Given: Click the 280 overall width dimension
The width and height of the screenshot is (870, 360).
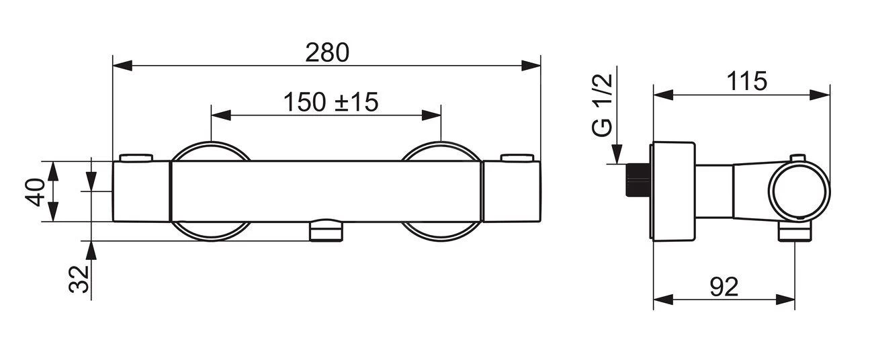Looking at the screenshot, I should pos(327,52).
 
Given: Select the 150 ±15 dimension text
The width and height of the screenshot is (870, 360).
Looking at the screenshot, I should pos(330,102).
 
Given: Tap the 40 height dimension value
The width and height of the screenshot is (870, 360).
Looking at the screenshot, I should pos(37,192).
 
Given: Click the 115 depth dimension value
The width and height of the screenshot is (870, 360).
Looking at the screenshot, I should pos(746,81).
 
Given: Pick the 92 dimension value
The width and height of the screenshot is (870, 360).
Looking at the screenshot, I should pos(723,287).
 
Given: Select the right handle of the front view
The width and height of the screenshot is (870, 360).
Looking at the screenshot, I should pos(511,192).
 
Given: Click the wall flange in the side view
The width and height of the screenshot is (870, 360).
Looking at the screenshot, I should pos(673,191).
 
